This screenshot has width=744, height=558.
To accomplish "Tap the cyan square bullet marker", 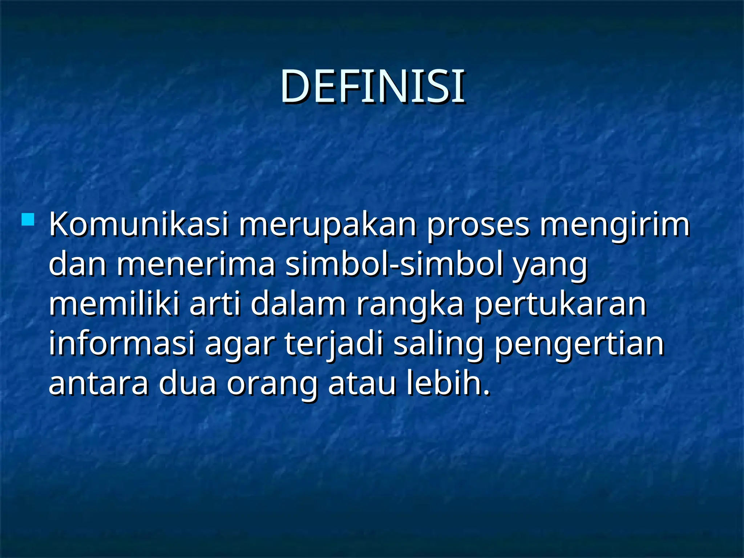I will [28, 220].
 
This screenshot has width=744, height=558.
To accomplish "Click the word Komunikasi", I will [139, 225].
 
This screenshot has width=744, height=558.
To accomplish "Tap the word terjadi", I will [334, 344].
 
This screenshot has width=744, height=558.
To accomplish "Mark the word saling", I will [438, 344].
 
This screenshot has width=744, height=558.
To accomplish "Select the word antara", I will [99, 384].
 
